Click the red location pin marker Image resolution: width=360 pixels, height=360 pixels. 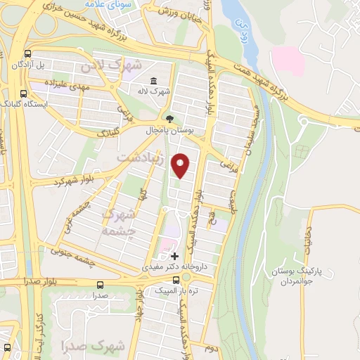pyautogui.click(x=181, y=165)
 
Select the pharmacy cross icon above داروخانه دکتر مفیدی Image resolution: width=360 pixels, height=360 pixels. pyautogui.click(x=174, y=255)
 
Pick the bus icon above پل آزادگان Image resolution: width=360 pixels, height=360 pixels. pyautogui.click(x=28, y=53)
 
